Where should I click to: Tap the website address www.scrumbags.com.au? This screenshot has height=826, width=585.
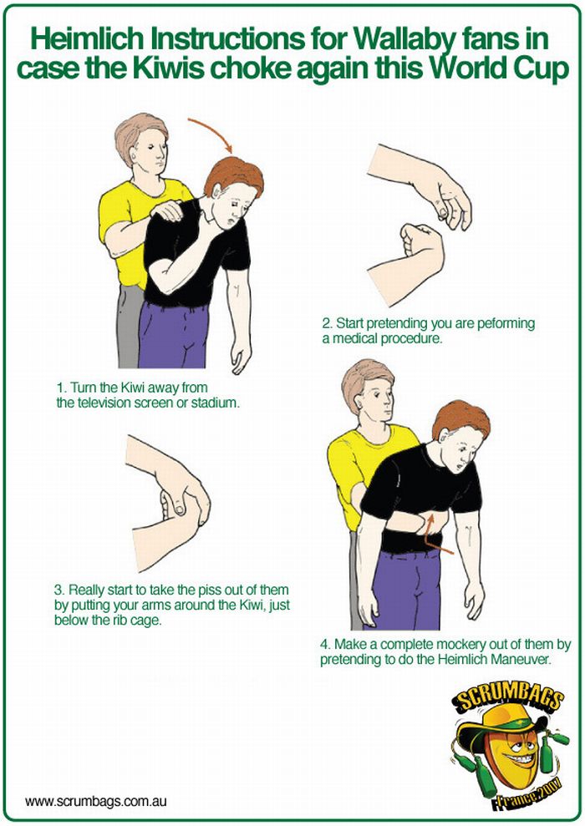pos(95,802)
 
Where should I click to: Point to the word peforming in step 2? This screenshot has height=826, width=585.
pos(506,324)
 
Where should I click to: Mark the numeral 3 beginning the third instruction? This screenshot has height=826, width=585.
pos(58,590)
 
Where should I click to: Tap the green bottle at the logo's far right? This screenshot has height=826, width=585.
pos(558,738)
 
